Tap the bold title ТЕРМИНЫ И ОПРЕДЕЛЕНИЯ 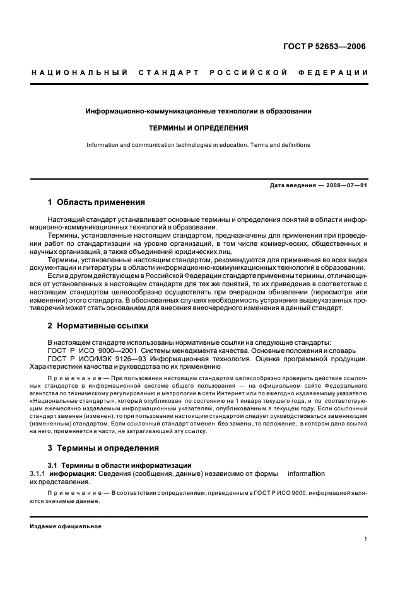pyautogui.click(x=198, y=127)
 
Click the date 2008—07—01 pyautogui.click(x=346, y=185)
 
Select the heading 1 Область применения pyautogui.click(x=97, y=202)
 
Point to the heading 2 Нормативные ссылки pyautogui.click(x=98, y=326)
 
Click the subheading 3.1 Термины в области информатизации pyautogui.click(x=119, y=465)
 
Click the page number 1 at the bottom pyautogui.click(x=366, y=539)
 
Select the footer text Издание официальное pyautogui.click(x=66, y=526)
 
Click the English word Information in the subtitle pyautogui.click(x=102, y=145)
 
